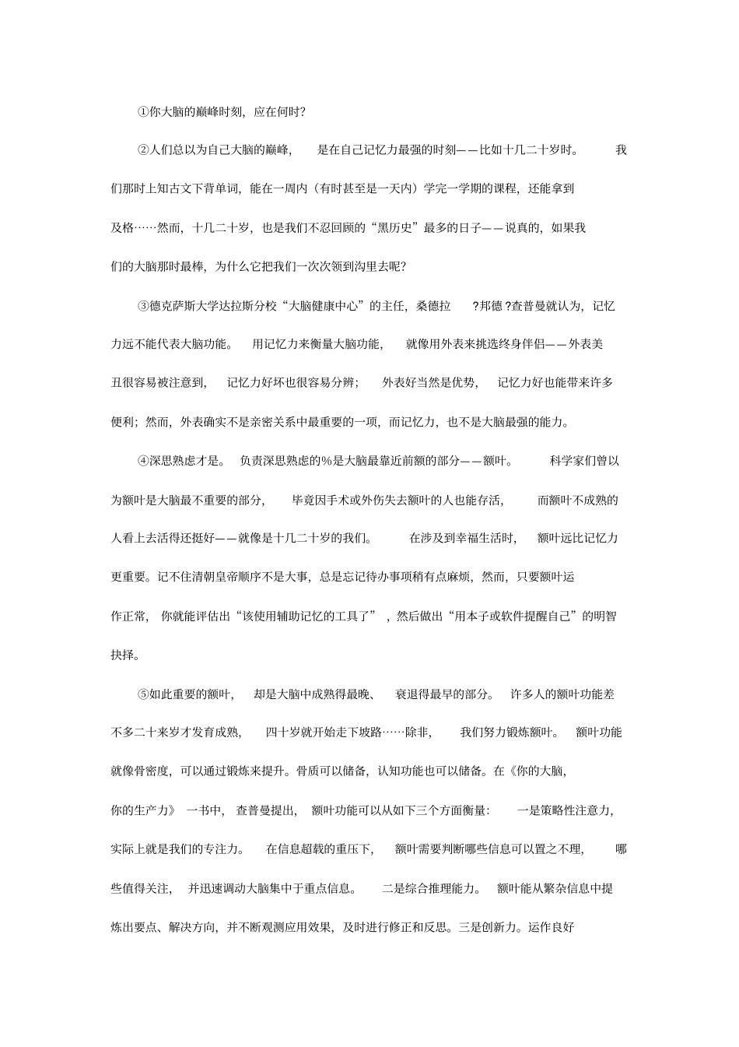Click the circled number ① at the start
(x=143, y=112)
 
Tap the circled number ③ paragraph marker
(x=143, y=306)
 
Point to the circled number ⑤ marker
(x=143, y=694)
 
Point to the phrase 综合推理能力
(x=438, y=888)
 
